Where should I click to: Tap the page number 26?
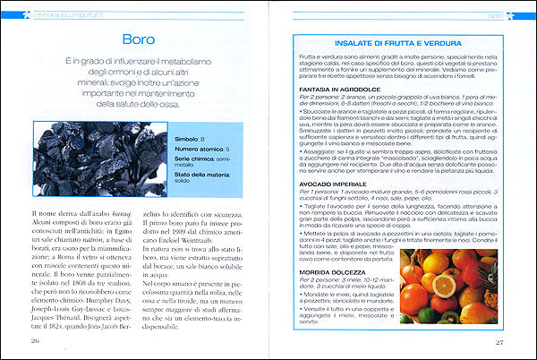[35, 340]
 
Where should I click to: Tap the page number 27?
[501, 340]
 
